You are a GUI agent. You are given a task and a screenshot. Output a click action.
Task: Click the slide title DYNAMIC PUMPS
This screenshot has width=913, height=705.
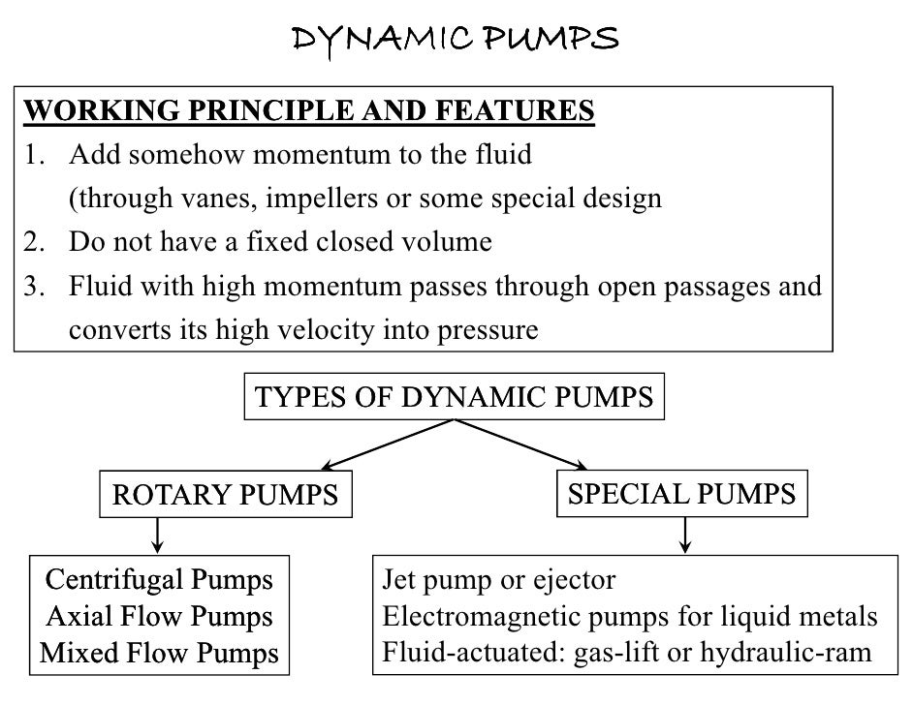point(456,38)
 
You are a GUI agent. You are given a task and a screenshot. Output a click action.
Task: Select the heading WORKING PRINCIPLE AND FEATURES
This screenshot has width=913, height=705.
point(308,111)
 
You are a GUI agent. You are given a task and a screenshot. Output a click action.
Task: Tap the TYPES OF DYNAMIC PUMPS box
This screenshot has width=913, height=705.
point(453,397)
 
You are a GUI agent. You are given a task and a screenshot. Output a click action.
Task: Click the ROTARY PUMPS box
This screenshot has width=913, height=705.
point(225,496)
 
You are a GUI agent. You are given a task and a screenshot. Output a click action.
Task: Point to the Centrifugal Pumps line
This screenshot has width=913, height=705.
point(160,580)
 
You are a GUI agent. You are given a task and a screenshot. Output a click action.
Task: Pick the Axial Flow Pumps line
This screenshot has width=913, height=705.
point(160,616)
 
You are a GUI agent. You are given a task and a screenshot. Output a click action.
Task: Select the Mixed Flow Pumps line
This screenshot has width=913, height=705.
point(160,652)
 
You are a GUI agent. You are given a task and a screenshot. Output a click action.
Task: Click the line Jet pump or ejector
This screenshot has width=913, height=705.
point(499,580)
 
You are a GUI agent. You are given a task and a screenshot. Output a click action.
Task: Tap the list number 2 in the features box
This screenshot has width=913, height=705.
point(30,242)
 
